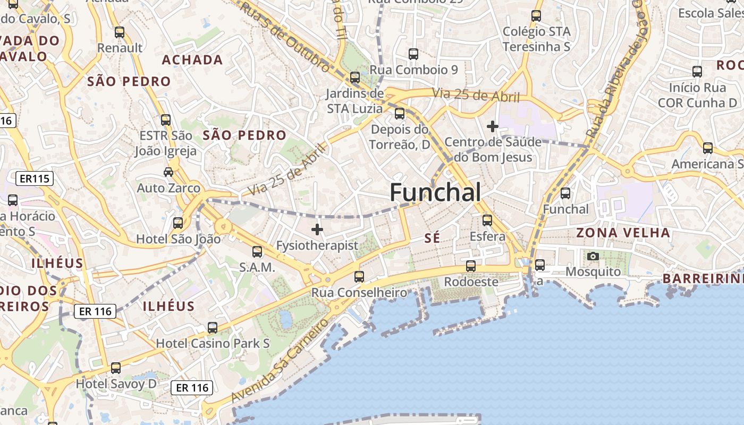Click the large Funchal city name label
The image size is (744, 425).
[x=435, y=192]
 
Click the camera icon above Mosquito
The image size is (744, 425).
[x=593, y=257]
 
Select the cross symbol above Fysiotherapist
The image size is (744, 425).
[x=317, y=229]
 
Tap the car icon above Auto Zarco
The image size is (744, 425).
[x=168, y=172]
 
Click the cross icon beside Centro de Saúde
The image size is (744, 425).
[x=493, y=126]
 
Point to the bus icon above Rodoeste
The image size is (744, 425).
[x=471, y=266]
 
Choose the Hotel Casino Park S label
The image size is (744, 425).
[x=213, y=344]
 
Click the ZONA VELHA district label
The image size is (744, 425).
[x=623, y=233]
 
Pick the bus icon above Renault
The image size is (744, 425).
[x=120, y=32]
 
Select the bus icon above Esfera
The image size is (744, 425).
[x=487, y=220]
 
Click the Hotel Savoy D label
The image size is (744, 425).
[x=116, y=383]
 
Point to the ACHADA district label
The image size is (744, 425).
[x=192, y=59]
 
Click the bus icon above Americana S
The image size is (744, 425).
[x=708, y=148]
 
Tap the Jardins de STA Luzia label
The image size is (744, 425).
[x=354, y=101]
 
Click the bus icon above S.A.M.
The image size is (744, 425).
[x=257, y=251]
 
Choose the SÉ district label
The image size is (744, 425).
[x=433, y=238]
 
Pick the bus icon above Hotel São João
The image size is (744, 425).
[x=178, y=223]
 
